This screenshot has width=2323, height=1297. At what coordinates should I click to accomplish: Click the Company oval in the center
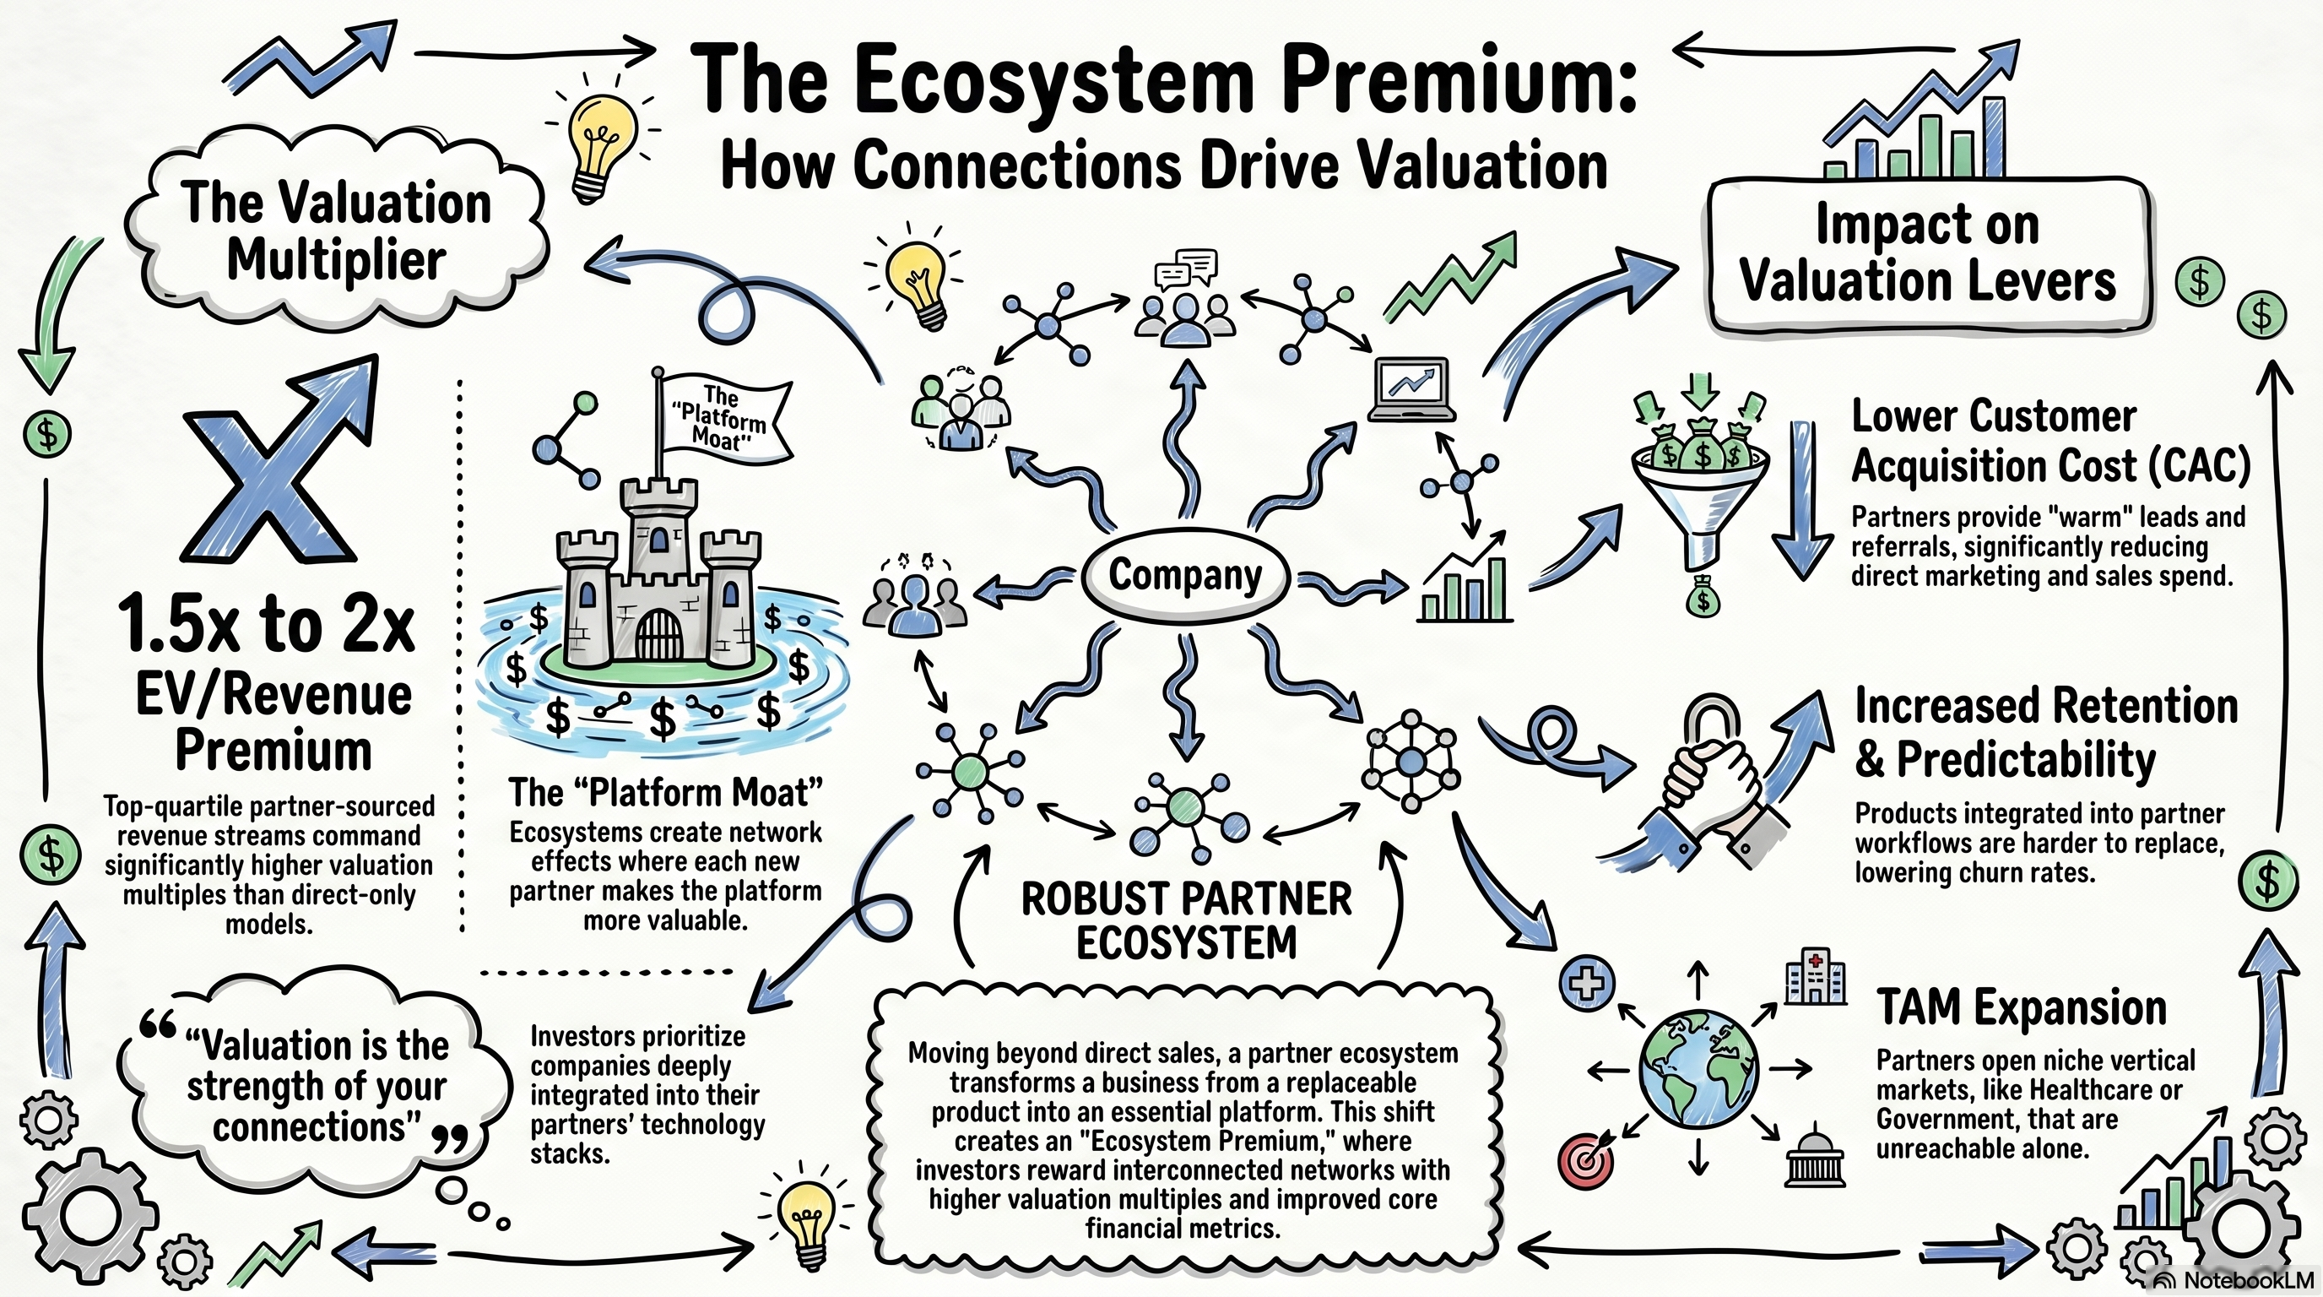(1185, 575)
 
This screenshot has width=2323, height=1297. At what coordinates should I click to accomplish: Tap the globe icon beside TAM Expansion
(1699, 1070)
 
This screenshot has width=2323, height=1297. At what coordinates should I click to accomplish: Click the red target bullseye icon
(1584, 1162)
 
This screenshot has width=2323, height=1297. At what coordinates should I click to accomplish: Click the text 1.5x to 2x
(266, 624)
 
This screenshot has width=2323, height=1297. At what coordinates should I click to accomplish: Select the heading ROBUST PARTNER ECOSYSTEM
(1186, 921)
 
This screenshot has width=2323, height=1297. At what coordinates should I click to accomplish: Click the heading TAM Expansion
(2021, 1007)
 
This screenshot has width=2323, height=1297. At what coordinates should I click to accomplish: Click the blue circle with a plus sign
(1587, 982)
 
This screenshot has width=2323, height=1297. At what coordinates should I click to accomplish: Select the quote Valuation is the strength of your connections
(316, 1087)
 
